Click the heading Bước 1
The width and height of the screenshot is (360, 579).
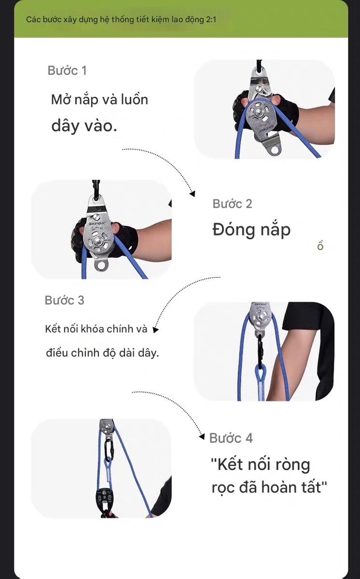pyautogui.click(x=67, y=71)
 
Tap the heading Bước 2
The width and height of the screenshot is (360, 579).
pyautogui.click(x=232, y=204)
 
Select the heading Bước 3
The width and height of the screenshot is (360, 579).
pyautogui.click(x=64, y=300)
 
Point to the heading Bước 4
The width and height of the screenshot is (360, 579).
pyautogui.click(x=231, y=438)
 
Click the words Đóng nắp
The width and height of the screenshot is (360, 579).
pyautogui.click(x=251, y=230)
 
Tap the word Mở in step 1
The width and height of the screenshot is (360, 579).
pyautogui.click(x=62, y=100)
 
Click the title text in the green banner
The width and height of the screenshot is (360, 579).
pyautogui.click(x=121, y=20)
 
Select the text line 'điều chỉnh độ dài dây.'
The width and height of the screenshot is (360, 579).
pyautogui.click(x=102, y=353)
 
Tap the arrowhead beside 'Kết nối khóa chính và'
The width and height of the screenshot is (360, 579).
pyautogui.click(x=156, y=330)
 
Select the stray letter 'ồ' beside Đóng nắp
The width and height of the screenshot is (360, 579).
pyautogui.click(x=320, y=245)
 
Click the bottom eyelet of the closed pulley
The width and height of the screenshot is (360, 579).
pyautogui.click(x=102, y=265)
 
